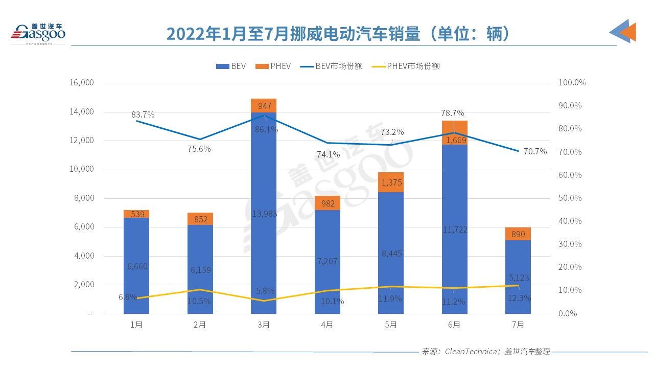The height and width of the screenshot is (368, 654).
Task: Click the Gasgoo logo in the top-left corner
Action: click(x=38, y=33)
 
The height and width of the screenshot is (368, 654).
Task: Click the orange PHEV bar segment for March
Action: click(x=264, y=105)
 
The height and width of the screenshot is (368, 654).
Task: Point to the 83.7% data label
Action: click(x=143, y=115)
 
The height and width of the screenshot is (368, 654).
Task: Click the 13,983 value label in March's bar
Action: click(x=264, y=214)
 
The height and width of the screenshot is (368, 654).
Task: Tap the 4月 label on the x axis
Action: click(x=327, y=325)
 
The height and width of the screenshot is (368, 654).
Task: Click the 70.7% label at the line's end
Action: click(x=535, y=152)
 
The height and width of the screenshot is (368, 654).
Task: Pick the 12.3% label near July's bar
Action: click(x=520, y=297)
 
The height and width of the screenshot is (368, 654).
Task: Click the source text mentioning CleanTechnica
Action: click(x=485, y=352)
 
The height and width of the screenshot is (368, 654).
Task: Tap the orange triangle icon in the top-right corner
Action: click(x=628, y=33)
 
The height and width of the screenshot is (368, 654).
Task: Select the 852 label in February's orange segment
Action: click(x=200, y=219)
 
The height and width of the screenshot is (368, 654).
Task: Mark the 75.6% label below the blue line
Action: click(x=199, y=149)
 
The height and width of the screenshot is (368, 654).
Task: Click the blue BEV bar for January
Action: click(x=136, y=266)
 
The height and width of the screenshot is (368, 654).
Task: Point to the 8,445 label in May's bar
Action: click(x=391, y=254)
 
